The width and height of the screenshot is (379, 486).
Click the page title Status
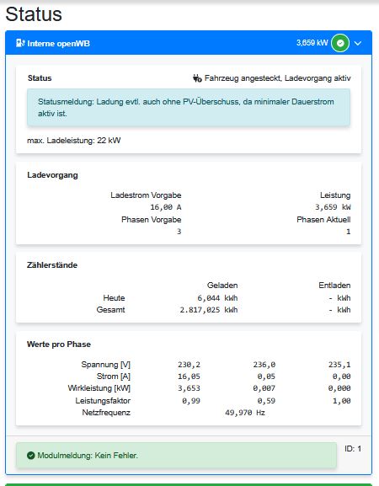pos(33,14)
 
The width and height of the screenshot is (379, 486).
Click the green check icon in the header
pos(339,43)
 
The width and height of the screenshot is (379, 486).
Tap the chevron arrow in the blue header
pos(358,43)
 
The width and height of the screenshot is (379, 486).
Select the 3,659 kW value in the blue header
pos(312,43)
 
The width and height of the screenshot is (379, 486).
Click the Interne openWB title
pos(60,43)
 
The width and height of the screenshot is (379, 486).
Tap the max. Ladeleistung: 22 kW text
pos(74,140)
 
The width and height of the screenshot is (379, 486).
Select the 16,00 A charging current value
pos(165,206)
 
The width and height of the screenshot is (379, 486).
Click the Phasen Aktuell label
pos(323,219)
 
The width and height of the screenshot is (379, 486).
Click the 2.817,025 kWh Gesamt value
pos(209,310)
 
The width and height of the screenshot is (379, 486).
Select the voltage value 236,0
pos(264,365)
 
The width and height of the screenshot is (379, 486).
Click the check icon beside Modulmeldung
pos(30,456)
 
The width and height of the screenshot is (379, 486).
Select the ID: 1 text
pos(353,448)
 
